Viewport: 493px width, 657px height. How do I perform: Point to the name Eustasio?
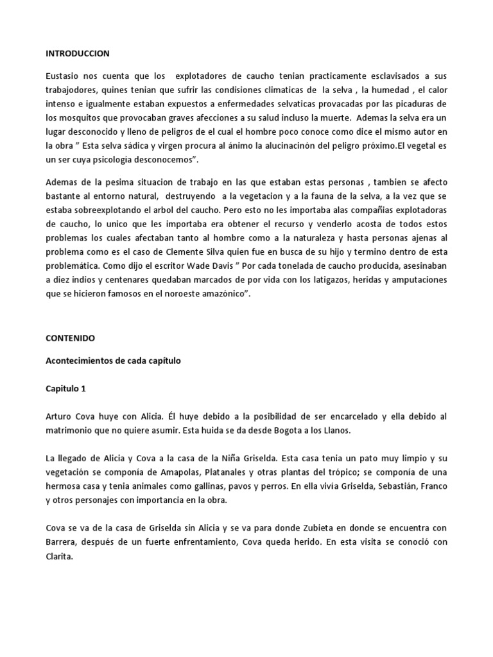click(x=64, y=76)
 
